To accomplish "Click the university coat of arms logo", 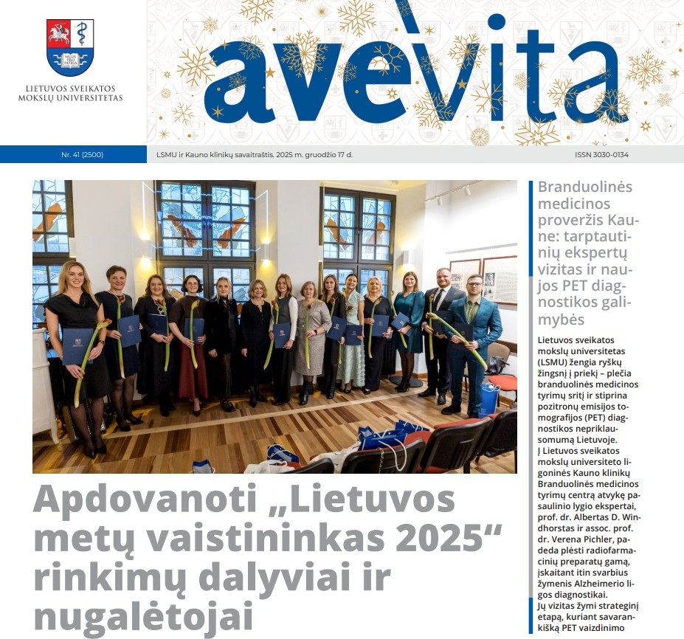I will (x=70, y=47).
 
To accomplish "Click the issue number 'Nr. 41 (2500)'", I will (x=83, y=155).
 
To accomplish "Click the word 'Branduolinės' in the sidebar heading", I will (x=585, y=187).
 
